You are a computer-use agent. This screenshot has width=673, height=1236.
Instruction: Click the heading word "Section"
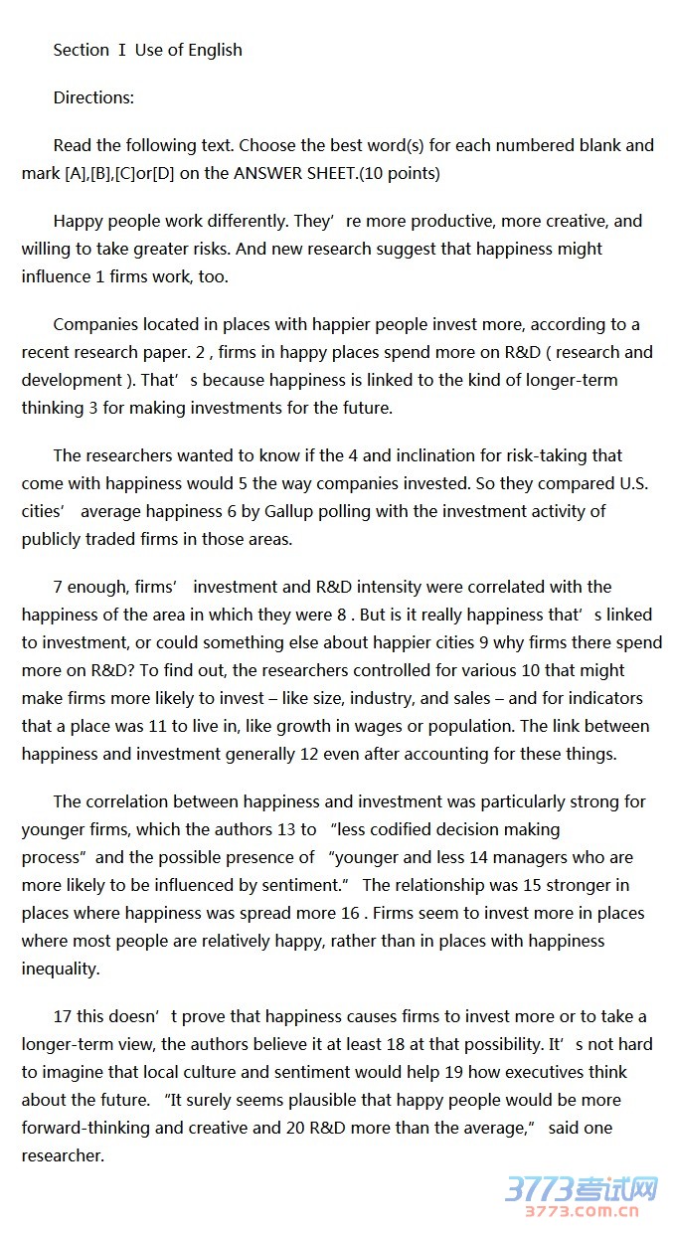[x=82, y=50]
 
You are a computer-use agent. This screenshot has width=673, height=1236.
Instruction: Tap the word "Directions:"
[x=93, y=97]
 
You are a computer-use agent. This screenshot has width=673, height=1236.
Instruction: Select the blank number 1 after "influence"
[x=100, y=276]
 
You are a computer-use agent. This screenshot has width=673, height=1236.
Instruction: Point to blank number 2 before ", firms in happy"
[x=201, y=352]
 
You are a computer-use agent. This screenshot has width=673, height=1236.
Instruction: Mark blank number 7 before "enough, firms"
[x=58, y=587]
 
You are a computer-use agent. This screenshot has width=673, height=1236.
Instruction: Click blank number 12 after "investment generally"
[x=309, y=754]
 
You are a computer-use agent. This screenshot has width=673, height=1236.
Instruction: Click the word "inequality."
[x=61, y=969]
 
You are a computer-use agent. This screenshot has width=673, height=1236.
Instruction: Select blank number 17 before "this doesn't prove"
[x=63, y=1016]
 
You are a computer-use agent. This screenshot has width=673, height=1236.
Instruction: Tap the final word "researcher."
[x=63, y=1155]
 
